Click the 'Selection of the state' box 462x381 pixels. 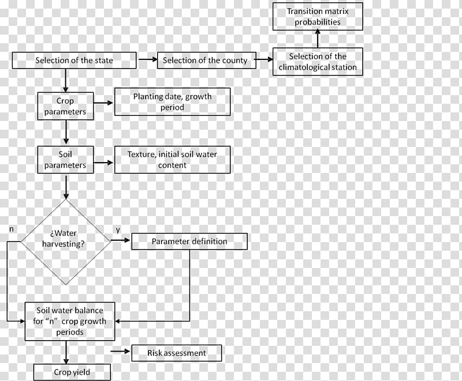tap(74, 61)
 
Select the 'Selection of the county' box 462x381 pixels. tap(207, 61)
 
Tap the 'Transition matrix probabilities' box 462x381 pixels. tap(318, 17)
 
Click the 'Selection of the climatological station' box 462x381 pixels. tap(318, 62)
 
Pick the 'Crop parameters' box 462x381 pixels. tap(65, 106)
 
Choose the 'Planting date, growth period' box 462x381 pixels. tap(172, 101)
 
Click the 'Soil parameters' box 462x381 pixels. tap(65, 160)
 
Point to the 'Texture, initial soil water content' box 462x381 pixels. tap(172, 160)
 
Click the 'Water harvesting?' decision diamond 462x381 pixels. tap(65, 242)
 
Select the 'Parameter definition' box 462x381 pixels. tap(189, 242)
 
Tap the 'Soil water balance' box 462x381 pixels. tap(70, 321)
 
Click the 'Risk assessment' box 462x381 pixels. tap(177, 353)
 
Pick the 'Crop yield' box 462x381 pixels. tap(72, 372)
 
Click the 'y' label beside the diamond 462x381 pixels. tap(118, 230)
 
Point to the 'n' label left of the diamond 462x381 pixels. tap(12, 229)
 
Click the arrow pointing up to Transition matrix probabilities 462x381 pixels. tap(318, 39)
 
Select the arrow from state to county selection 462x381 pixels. tap(148, 59)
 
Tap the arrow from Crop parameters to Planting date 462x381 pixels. tap(103, 103)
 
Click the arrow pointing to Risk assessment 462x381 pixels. tap(120, 351)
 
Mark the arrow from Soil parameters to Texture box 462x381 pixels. tap(103, 163)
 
